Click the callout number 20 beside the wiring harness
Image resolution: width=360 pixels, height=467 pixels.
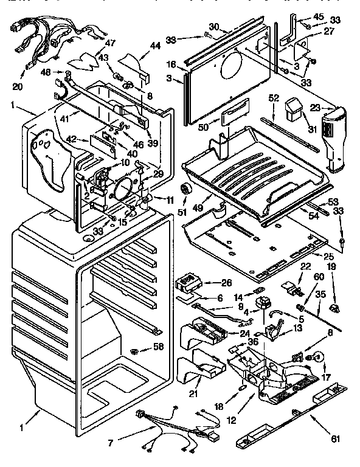tap(17, 87)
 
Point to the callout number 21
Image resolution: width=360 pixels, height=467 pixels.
tap(193, 393)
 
